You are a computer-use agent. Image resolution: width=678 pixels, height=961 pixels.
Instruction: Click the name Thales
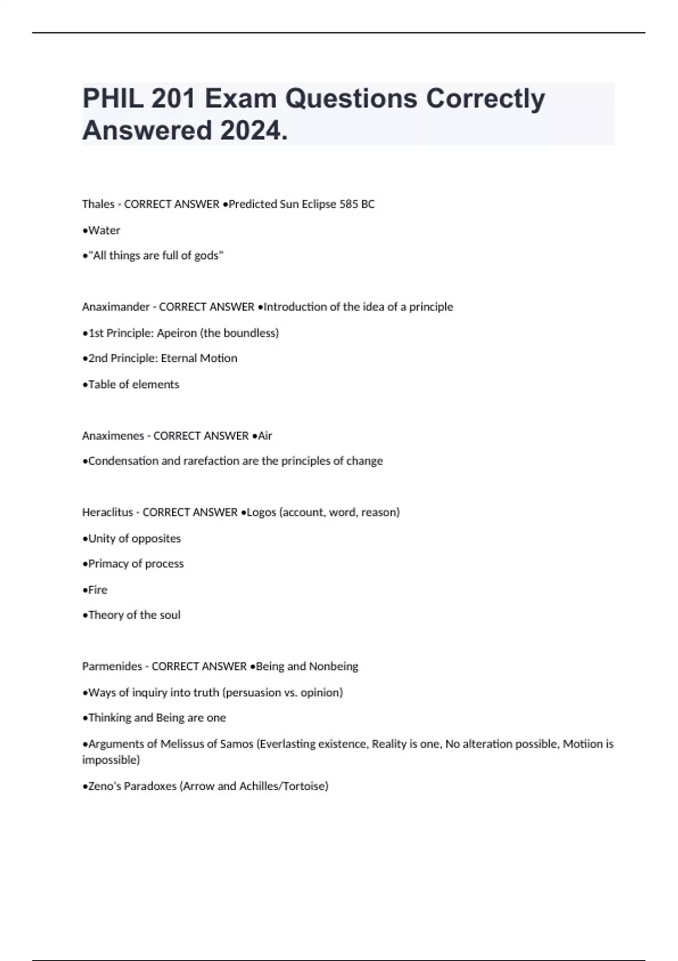(98, 204)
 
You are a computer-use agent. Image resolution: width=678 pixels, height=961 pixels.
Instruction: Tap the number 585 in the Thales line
(349, 204)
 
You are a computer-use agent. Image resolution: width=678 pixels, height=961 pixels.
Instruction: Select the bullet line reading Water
(103, 230)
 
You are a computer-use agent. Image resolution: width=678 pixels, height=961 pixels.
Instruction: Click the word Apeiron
(177, 333)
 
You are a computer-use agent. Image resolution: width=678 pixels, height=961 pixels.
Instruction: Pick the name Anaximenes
(113, 436)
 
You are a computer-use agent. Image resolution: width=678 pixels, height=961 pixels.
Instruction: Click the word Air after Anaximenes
(265, 436)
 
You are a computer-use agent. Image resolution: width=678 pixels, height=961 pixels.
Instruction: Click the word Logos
(262, 512)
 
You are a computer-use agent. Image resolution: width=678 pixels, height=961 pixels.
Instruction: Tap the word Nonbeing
(333, 666)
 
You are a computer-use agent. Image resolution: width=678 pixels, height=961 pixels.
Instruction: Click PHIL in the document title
(111, 99)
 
